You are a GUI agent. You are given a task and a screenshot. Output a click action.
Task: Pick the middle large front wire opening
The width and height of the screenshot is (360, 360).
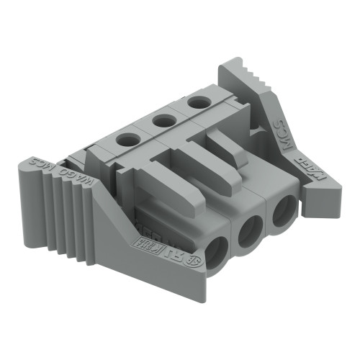pos(250,233)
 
